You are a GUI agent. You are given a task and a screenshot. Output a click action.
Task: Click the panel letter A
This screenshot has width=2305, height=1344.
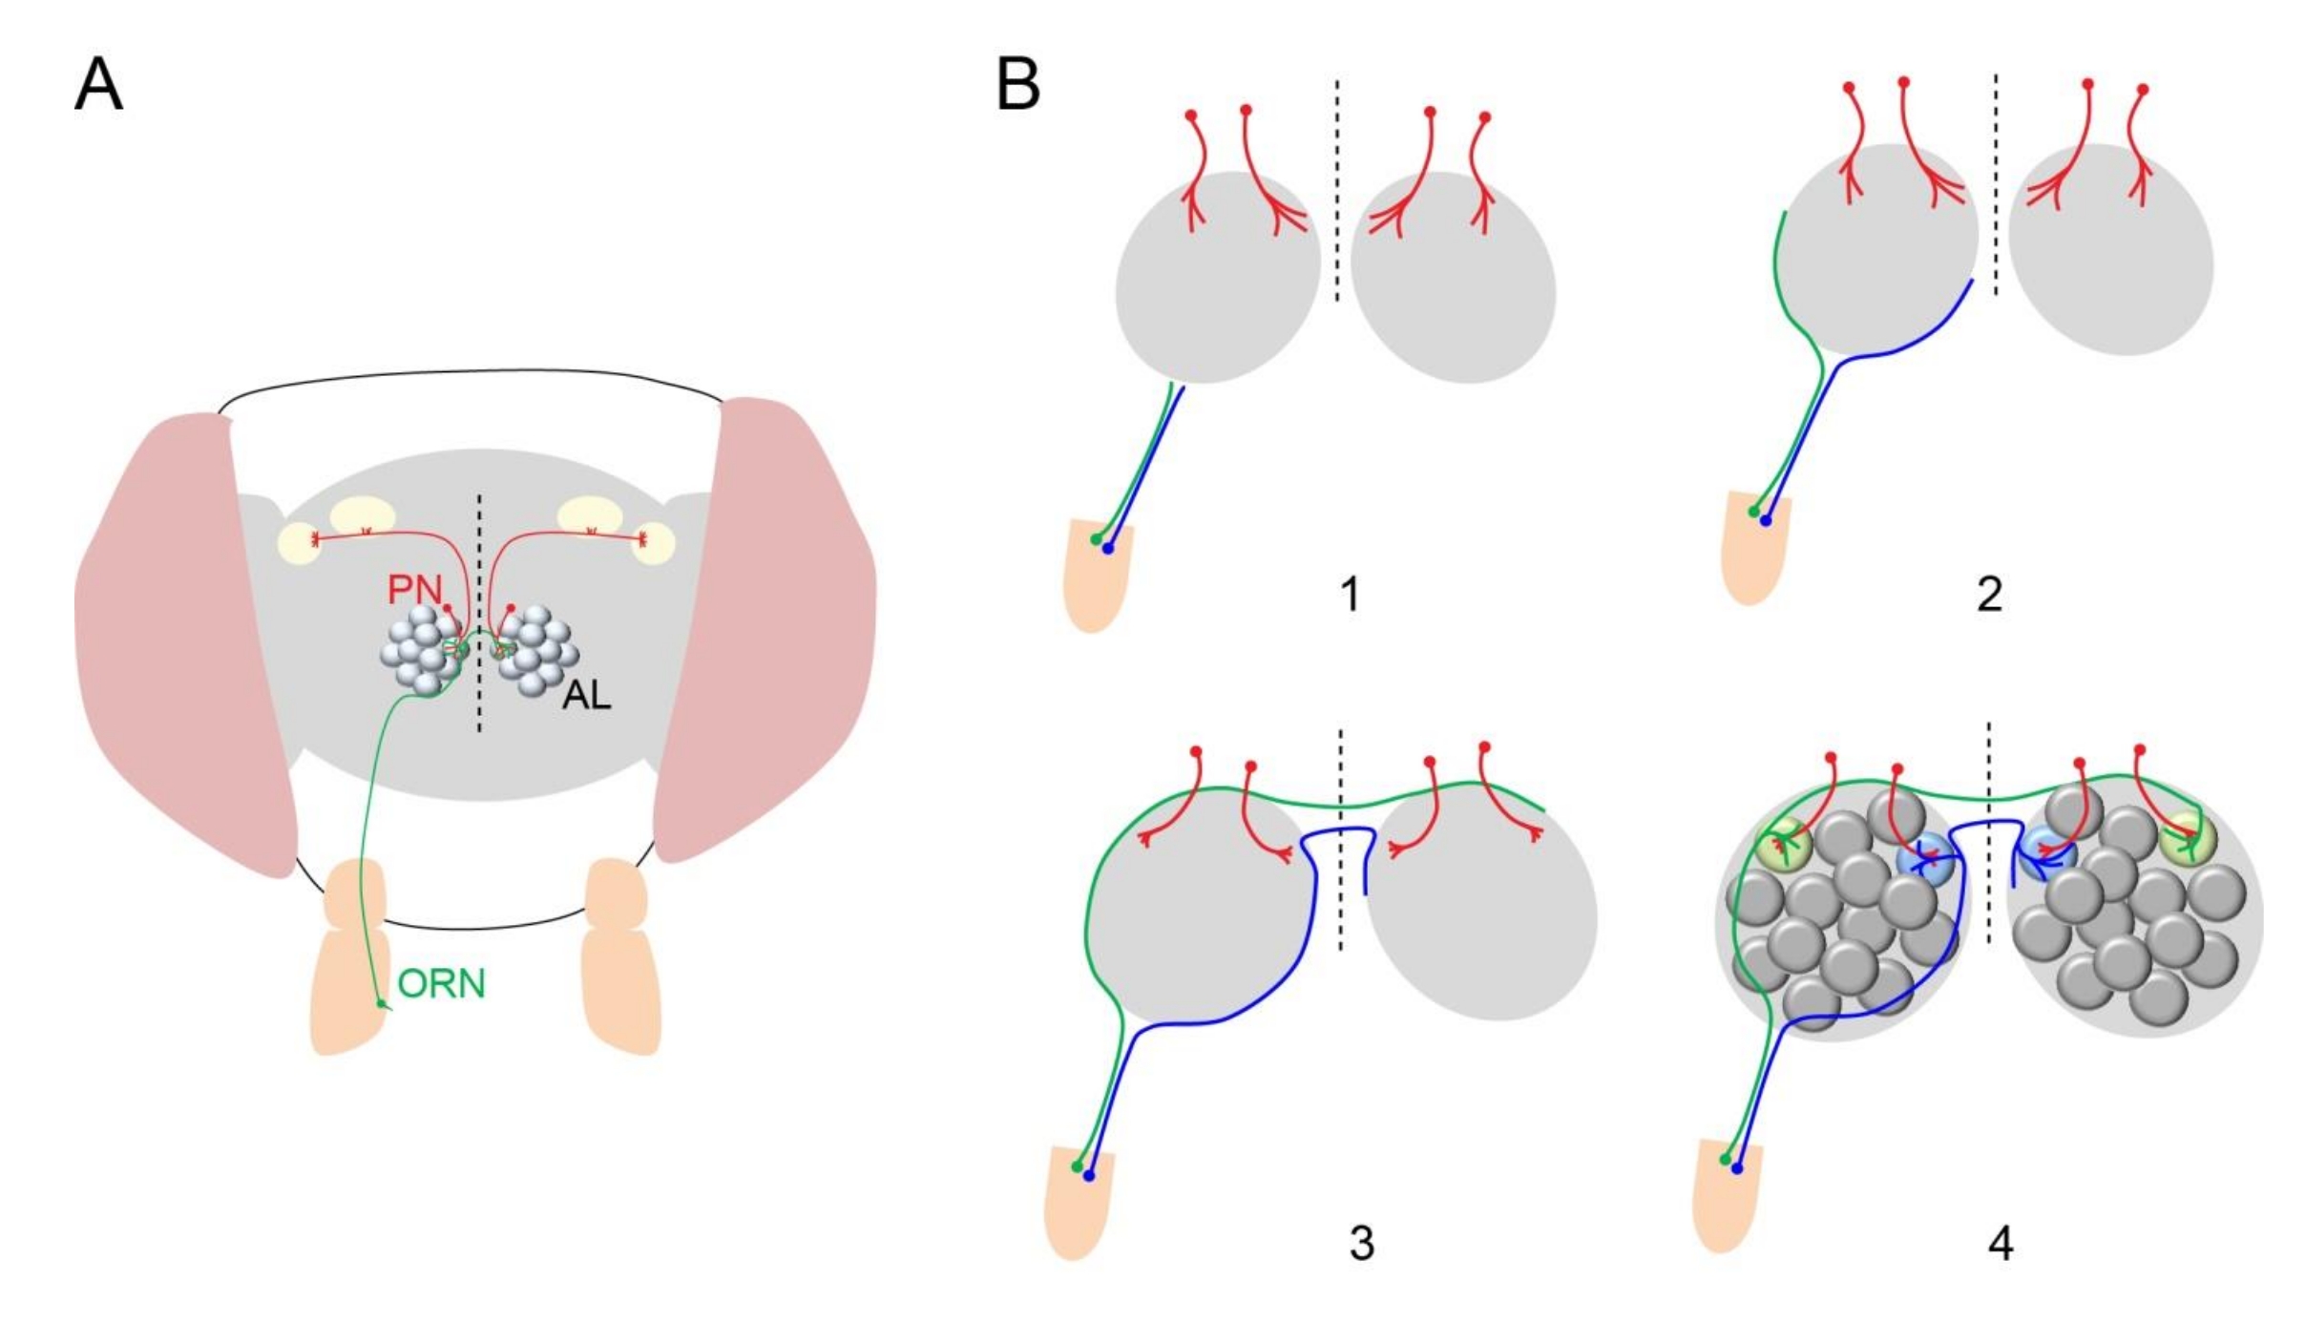click(x=98, y=85)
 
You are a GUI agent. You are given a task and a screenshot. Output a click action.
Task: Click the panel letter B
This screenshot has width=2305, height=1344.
click(x=1017, y=85)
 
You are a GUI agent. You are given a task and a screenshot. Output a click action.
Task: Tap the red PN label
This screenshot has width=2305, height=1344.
click(x=414, y=590)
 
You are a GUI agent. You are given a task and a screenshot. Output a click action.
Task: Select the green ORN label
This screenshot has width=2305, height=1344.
click(x=441, y=984)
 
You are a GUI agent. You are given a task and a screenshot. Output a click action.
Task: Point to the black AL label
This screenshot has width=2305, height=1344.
click(x=586, y=696)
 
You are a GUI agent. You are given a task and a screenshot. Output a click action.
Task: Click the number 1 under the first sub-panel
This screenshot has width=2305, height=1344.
click(x=1350, y=595)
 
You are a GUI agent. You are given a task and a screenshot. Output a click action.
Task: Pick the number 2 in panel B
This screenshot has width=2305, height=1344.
click(x=1989, y=595)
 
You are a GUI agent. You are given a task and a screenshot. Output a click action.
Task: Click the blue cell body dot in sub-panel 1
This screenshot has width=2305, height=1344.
click(x=1107, y=549)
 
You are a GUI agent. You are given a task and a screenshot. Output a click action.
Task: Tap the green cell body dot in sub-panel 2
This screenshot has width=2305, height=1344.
click(x=1753, y=513)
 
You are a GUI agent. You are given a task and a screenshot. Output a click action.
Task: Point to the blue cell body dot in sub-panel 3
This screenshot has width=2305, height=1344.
click(x=1089, y=1176)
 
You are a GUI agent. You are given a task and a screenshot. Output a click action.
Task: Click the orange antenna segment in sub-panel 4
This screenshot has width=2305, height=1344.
click(x=1723, y=1198)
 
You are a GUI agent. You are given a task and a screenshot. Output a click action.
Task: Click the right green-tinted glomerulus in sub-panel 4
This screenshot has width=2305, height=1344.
click(x=2190, y=839)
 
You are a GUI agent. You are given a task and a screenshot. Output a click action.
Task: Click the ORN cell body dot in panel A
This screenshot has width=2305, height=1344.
click(x=382, y=1004)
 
